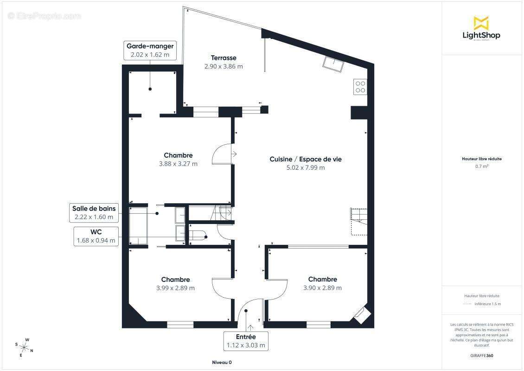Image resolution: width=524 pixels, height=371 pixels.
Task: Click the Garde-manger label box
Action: click(x=150, y=51)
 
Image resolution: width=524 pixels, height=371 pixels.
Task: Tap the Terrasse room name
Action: click(x=224, y=58)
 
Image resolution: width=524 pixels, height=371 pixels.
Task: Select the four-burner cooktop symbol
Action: click(x=360, y=87)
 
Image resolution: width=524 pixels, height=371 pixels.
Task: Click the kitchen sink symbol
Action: click(x=333, y=64)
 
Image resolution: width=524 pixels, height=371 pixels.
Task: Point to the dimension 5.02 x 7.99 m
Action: click(x=306, y=167)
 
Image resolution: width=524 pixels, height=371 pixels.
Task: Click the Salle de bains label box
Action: click(x=94, y=212)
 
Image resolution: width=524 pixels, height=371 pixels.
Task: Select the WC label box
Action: click(x=96, y=237)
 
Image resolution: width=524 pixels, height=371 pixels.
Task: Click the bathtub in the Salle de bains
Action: click(x=138, y=226)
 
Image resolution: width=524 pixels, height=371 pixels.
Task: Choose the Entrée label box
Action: click(x=246, y=341)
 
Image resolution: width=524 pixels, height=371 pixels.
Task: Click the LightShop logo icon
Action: click(x=481, y=23)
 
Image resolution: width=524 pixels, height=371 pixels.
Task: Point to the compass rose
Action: click(x=24, y=348)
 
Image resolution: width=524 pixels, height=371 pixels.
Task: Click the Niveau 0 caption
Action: click(x=222, y=362)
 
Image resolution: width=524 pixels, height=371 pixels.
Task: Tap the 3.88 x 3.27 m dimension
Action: click(x=178, y=164)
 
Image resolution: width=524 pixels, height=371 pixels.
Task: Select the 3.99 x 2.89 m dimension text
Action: click(x=175, y=288)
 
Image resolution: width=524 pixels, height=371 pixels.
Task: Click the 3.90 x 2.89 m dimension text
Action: click(x=322, y=288)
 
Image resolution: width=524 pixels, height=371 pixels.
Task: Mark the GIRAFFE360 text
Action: click(x=481, y=356)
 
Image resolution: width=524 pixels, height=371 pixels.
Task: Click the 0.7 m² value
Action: click(x=481, y=166)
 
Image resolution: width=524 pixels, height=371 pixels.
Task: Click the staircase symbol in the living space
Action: click(x=358, y=221)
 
